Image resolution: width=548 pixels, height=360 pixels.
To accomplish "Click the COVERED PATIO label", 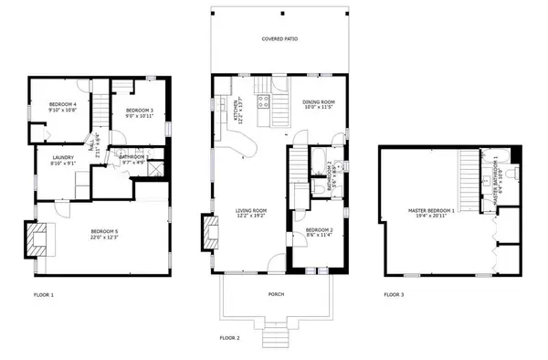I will [279, 39].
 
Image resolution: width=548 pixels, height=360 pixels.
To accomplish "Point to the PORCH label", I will [279, 294].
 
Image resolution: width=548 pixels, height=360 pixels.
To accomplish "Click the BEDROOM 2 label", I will [319, 231].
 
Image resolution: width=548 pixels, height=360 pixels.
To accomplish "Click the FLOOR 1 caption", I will [44, 295].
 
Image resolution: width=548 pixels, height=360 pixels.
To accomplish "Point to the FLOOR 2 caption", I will [229, 338].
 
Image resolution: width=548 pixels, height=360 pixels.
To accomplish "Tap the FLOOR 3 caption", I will [393, 295].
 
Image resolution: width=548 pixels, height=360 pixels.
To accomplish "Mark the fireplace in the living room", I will [211, 232].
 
